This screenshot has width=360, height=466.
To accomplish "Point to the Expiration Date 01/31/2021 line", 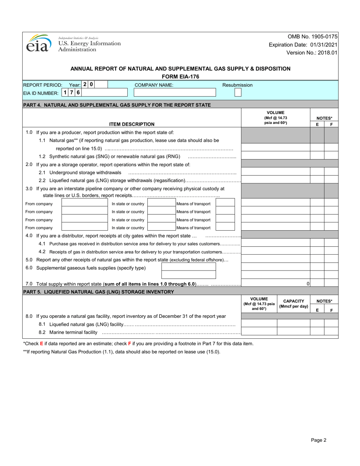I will (303, 45).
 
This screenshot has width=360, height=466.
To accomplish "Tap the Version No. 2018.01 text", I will (311, 53).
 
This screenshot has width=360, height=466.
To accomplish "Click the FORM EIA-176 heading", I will (180, 77).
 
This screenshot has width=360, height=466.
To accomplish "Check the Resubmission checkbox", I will (238, 92).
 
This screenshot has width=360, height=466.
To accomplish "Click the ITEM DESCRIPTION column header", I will (131, 124).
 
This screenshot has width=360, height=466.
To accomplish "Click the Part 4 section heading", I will (117, 105).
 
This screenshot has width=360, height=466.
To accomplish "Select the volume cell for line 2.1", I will (275, 172).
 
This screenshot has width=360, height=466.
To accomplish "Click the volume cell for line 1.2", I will (275, 155).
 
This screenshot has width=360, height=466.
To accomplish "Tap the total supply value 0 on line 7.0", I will (308, 283).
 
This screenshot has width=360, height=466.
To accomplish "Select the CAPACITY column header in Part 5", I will (294, 304).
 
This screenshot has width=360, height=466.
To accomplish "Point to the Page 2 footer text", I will (318, 440).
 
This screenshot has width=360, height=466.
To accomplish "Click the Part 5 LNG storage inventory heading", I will (99, 292).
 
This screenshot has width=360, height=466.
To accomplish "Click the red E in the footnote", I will (42, 344).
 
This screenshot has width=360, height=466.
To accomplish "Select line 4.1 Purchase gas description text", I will (135, 244).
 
